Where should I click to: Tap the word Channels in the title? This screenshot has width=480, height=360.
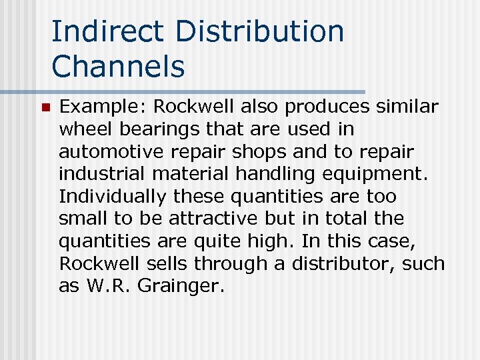point(118,66)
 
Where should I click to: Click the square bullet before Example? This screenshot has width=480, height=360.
point(45,107)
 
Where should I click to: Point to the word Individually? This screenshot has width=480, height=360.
point(113,197)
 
